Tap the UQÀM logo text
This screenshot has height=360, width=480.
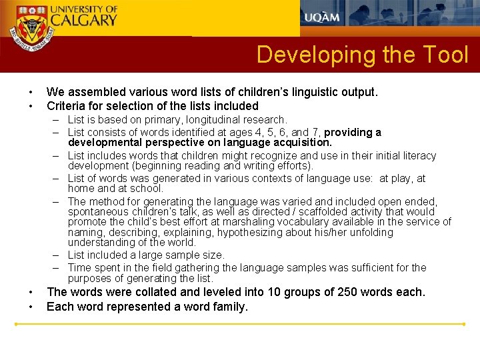(x=323, y=17)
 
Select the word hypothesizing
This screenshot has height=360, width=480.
(x=263, y=233)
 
